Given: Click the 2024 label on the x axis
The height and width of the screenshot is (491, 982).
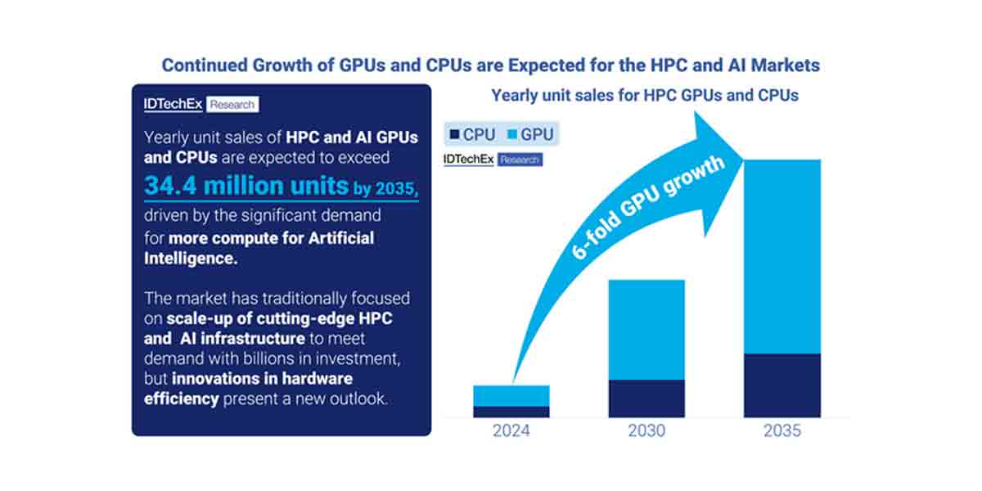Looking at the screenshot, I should (511, 430).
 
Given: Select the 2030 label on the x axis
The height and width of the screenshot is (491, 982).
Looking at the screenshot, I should (646, 430).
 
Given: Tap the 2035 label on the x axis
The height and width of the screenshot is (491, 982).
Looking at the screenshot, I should (782, 430).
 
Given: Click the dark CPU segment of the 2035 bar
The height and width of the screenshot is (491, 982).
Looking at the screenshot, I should (782, 385).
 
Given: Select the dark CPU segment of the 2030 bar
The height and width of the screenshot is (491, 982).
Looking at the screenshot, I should (646, 399).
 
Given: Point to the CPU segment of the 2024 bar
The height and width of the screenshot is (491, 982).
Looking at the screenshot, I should (511, 412).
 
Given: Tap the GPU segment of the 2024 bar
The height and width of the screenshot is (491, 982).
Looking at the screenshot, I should (511, 395).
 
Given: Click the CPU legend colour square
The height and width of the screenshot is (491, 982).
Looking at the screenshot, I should (453, 134).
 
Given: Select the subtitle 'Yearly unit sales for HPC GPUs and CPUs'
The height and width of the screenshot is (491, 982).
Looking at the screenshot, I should (645, 95).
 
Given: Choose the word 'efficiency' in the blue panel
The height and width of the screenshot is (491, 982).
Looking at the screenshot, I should (182, 399).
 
